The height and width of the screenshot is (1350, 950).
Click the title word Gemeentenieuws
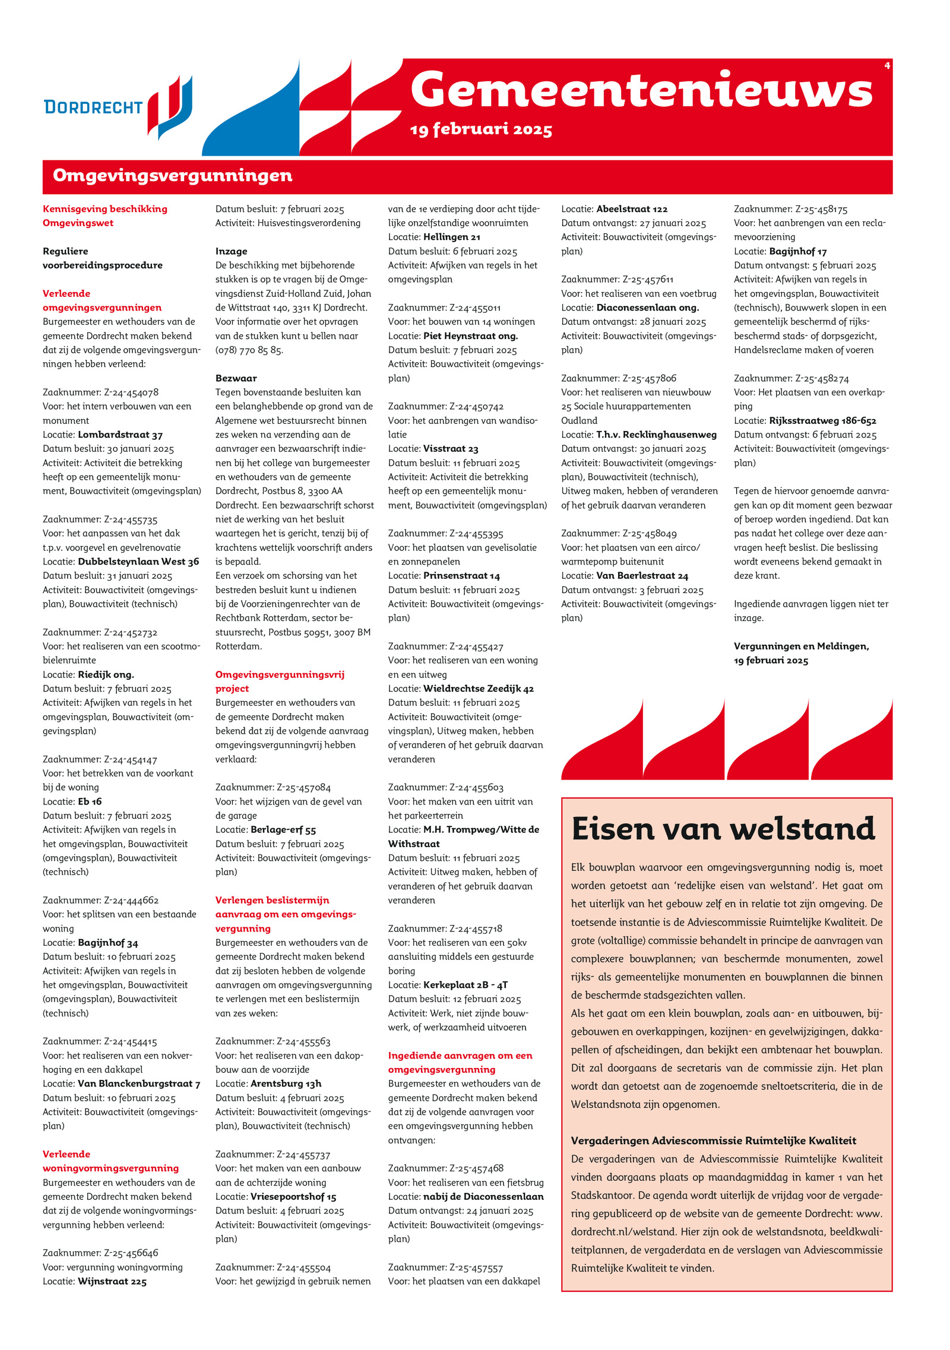coord(641,90)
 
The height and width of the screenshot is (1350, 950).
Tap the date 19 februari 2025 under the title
coord(481,129)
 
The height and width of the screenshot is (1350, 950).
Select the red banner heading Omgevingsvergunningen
coord(173,176)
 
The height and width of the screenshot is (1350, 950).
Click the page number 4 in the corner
coord(887,65)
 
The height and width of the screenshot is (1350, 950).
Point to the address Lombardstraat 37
coord(120,435)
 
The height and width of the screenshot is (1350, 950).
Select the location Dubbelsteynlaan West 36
coord(138,562)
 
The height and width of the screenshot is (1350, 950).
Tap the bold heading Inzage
coord(231,251)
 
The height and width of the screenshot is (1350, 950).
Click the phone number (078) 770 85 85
coord(249,350)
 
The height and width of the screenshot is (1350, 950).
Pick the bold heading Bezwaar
coord(236,378)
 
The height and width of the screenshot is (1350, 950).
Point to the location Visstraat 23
coord(451,449)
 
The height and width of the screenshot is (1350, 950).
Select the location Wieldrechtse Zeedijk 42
coord(479,689)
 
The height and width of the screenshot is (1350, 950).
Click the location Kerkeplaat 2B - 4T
coord(465,985)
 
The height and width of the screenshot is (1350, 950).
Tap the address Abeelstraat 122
coord(632,209)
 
